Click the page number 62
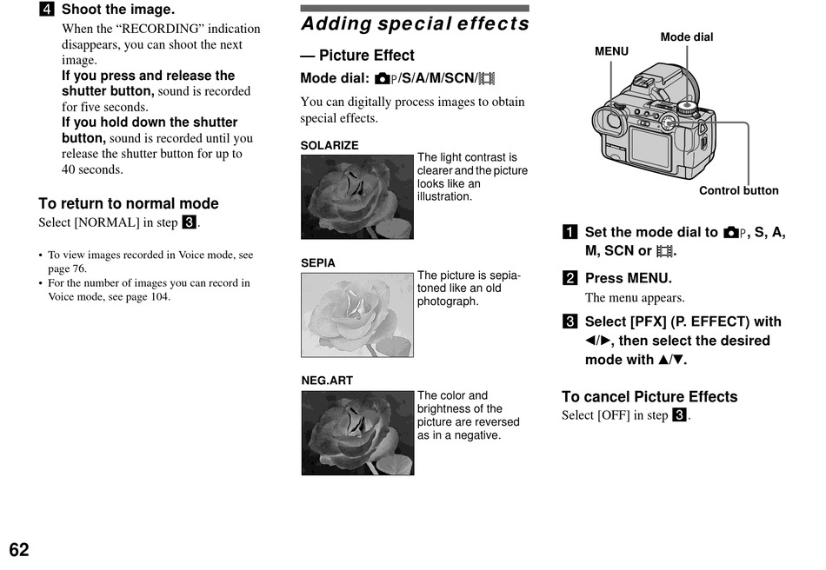pyautogui.click(x=19, y=550)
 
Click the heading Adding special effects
pyautogui.click(x=415, y=23)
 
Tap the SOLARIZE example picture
pyautogui.click(x=357, y=196)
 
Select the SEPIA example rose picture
pyautogui.click(x=357, y=315)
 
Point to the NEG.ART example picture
pyautogui.click(x=357, y=433)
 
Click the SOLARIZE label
pyautogui.click(x=330, y=146)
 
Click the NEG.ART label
pyautogui.click(x=327, y=381)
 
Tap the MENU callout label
pyautogui.click(x=611, y=51)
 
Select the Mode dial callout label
pyautogui.click(x=687, y=37)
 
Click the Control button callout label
pyautogui.click(x=739, y=191)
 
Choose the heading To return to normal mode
pyautogui.click(x=129, y=203)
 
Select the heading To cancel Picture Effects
pyautogui.click(x=649, y=397)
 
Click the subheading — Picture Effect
pyautogui.click(x=357, y=56)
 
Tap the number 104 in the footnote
pyautogui.click(x=161, y=296)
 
